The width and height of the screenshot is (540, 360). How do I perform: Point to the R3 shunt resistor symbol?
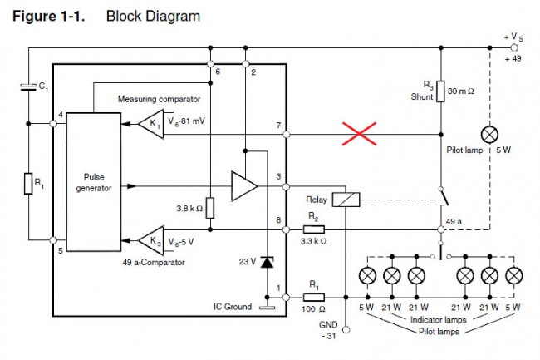(440, 91)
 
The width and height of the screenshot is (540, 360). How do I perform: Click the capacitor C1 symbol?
(28, 86)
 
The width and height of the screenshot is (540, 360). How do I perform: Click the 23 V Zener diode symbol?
(267, 262)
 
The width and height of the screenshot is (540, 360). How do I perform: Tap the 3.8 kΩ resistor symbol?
(211, 208)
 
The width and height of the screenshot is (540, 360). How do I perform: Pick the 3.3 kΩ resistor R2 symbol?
(313, 229)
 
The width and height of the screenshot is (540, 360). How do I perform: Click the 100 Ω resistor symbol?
(314, 297)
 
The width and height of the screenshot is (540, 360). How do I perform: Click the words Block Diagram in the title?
(153, 16)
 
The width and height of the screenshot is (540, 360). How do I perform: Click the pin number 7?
(278, 125)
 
